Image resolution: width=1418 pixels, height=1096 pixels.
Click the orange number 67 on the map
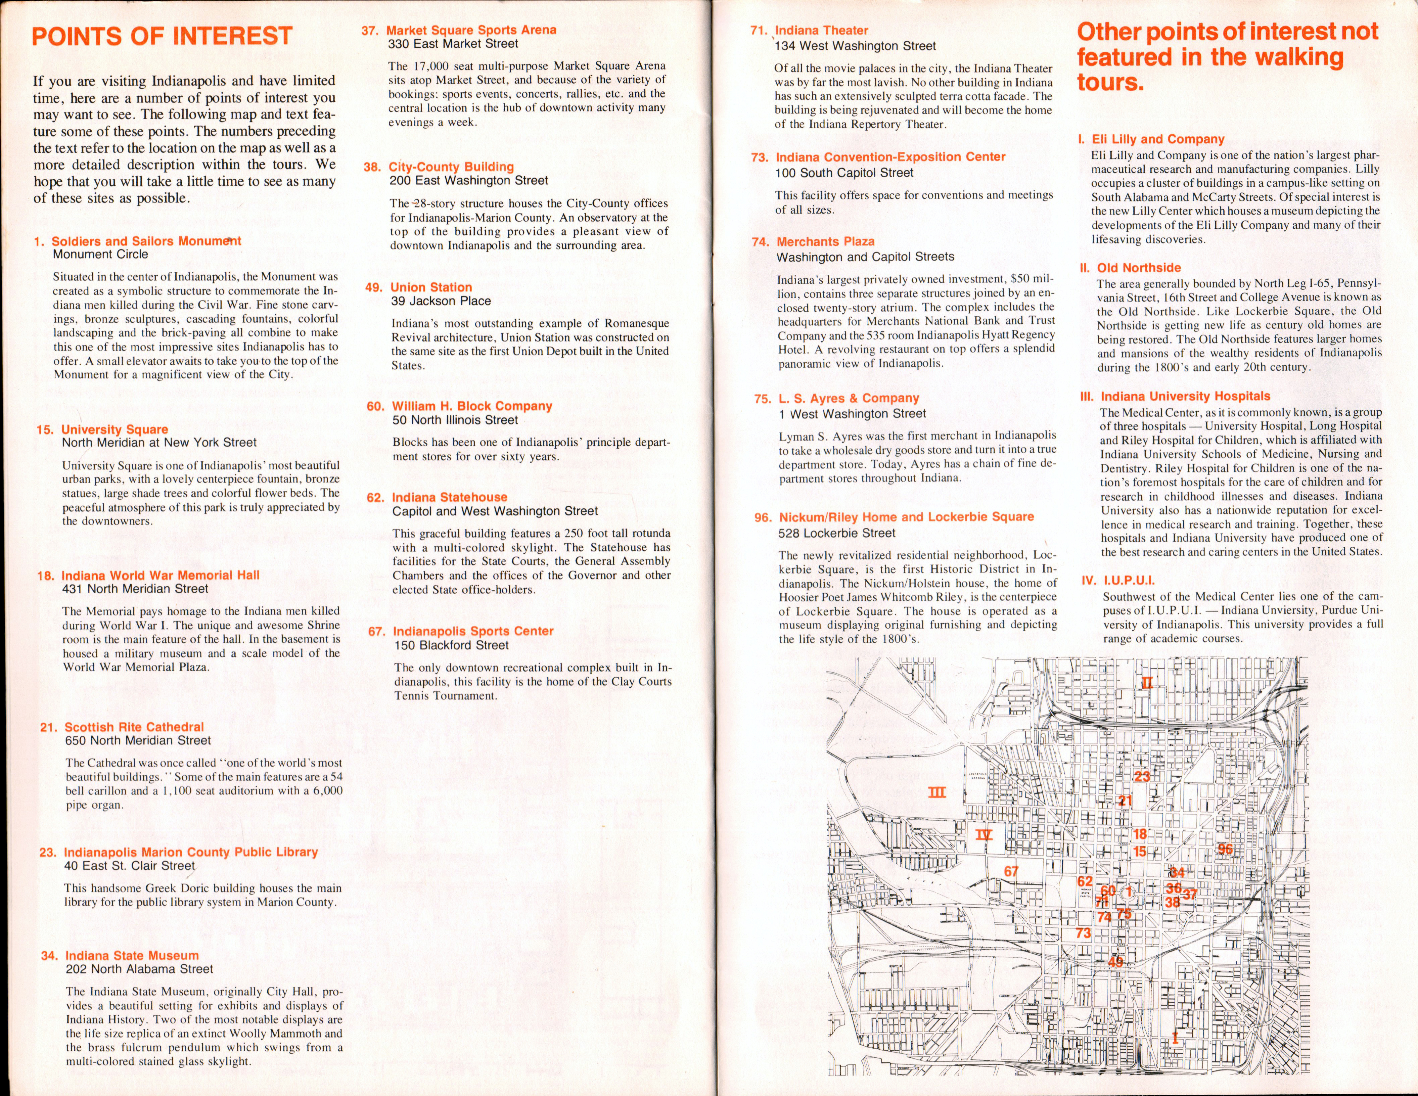(x=1011, y=871)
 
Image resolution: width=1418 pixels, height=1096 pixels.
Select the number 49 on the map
(x=1115, y=961)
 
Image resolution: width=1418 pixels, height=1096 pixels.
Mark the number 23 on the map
(x=1141, y=777)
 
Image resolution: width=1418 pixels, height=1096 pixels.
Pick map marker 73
(x=1083, y=933)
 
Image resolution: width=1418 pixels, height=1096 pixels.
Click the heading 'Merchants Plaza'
(x=825, y=241)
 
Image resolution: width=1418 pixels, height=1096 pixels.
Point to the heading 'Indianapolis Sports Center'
(x=473, y=631)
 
